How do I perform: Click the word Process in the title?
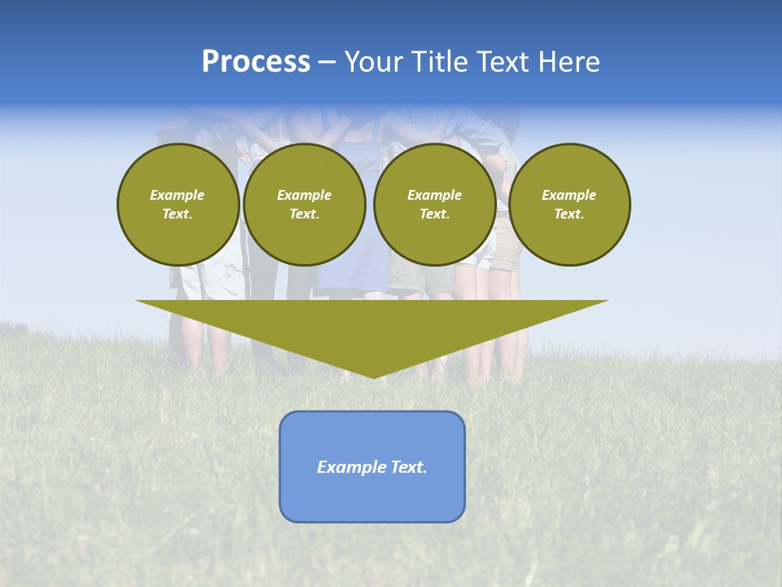pos(256,62)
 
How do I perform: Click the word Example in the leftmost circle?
pos(178,195)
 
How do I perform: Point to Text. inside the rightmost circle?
pos(569,214)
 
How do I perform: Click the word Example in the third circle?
pos(434,195)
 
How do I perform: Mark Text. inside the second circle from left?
pos(305,214)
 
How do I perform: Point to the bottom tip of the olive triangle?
pos(373,376)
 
